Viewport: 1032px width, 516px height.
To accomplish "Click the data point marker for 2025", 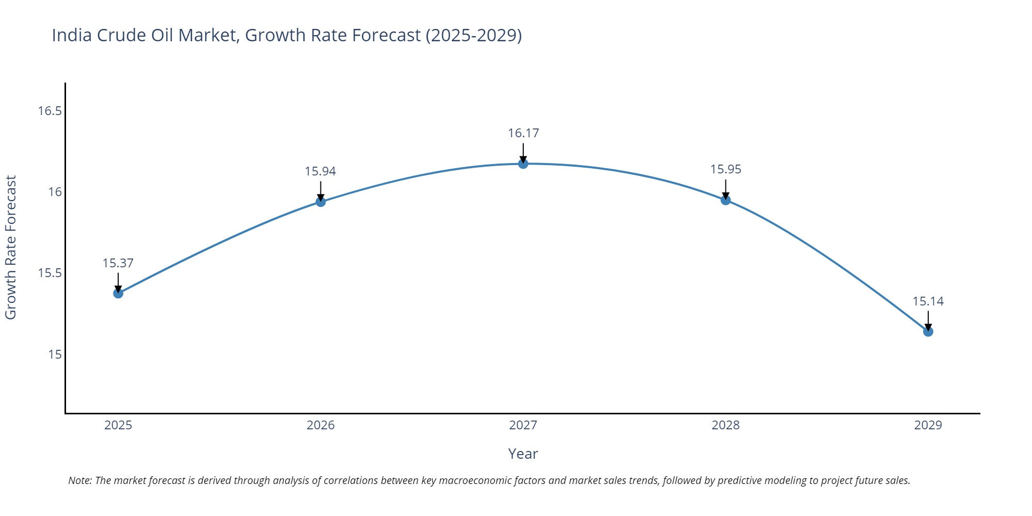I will pos(118,293).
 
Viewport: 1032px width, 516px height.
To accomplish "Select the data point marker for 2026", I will pos(320,201).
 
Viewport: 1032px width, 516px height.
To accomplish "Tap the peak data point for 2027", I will pos(523,164).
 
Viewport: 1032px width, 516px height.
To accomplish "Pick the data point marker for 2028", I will pos(725,200).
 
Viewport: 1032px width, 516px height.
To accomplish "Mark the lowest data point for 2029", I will pos(928,331).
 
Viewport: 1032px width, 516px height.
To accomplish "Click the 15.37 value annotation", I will pos(118,263).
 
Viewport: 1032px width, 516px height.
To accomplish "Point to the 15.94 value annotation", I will pos(320,171).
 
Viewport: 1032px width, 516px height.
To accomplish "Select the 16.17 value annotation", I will pos(523,133).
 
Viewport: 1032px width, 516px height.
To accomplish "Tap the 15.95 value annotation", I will pos(725,169).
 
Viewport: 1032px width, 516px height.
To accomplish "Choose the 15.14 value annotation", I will pos(928,301).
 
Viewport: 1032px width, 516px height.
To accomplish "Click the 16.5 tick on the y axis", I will pos(50,111).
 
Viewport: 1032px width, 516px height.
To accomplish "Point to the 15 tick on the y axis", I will pos(55,354).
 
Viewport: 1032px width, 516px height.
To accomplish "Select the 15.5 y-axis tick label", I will pos(50,273).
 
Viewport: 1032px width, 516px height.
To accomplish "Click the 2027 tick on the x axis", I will pos(523,425).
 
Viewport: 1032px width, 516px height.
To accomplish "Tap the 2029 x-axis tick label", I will pos(928,425).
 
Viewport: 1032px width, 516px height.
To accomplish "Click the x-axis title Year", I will pos(523,454).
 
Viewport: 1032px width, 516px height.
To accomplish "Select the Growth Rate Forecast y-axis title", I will pos(11,247).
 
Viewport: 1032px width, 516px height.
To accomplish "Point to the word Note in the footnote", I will pos(79,480).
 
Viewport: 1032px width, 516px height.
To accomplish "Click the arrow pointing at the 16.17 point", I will pos(523,153).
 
